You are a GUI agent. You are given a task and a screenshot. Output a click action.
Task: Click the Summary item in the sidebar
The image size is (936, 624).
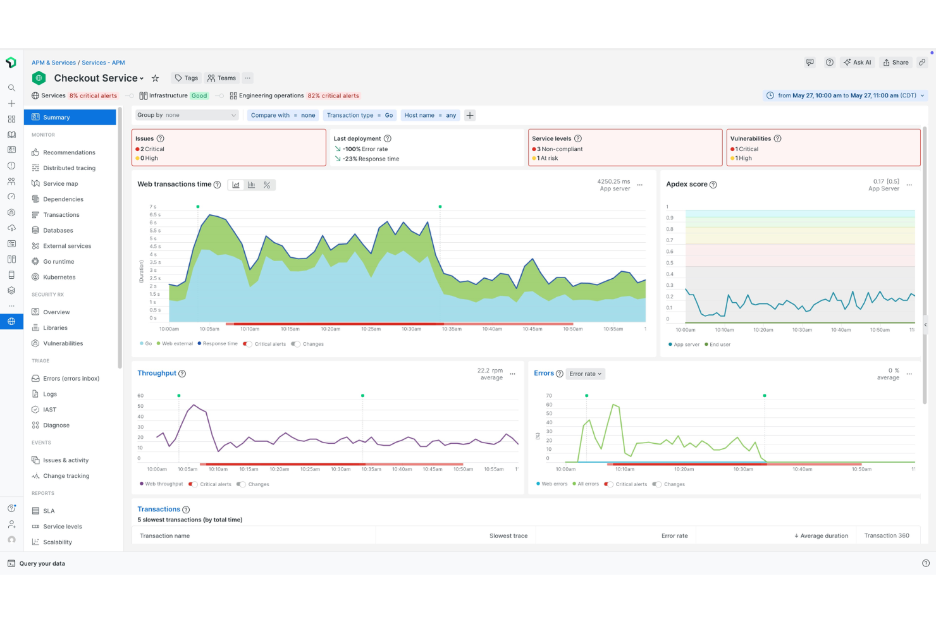(x=56, y=118)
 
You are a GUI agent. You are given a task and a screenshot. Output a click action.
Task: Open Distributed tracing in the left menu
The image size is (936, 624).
(x=69, y=168)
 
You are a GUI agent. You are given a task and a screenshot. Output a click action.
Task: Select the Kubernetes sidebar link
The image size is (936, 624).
(x=59, y=278)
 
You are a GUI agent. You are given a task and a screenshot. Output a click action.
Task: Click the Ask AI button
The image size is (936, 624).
(x=857, y=63)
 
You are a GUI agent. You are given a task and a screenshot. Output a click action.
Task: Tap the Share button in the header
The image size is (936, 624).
(x=896, y=63)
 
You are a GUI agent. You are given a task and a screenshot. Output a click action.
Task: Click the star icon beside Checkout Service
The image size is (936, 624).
(x=155, y=78)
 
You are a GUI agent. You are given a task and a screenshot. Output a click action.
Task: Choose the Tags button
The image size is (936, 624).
(x=187, y=78)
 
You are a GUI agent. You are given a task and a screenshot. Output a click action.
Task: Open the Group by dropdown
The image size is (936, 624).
(x=187, y=115)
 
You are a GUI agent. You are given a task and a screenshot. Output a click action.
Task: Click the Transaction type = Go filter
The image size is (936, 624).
(x=359, y=115)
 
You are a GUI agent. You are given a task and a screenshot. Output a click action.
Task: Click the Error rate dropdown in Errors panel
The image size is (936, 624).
(x=585, y=374)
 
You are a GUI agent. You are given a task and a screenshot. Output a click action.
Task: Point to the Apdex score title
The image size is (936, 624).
(x=686, y=185)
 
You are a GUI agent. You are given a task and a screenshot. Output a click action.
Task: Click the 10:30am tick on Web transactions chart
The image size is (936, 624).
(x=411, y=329)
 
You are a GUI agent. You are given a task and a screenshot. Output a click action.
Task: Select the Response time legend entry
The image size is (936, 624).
(x=219, y=344)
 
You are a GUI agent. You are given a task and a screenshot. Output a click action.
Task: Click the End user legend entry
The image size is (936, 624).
(x=719, y=345)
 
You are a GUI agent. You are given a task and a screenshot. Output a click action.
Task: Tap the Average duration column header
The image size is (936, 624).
(x=823, y=536)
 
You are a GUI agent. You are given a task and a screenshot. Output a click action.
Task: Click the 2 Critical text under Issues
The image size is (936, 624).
(x=152, y=149)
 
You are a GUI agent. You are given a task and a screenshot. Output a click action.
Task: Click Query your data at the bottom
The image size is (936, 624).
(x=42, y=564)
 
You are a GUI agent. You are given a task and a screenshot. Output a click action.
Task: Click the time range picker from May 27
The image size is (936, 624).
(x=846, y=95)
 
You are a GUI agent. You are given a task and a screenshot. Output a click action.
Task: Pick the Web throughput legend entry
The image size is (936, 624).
(x=163, y=484)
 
